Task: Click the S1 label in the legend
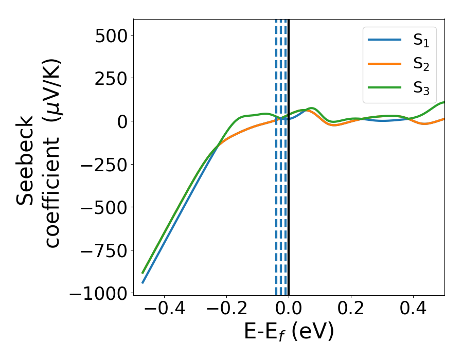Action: [x=421, y=42]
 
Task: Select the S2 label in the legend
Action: [x=421, y=65]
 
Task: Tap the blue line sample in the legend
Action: [x=385, y=40]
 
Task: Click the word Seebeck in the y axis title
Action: [x=26, y=160]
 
